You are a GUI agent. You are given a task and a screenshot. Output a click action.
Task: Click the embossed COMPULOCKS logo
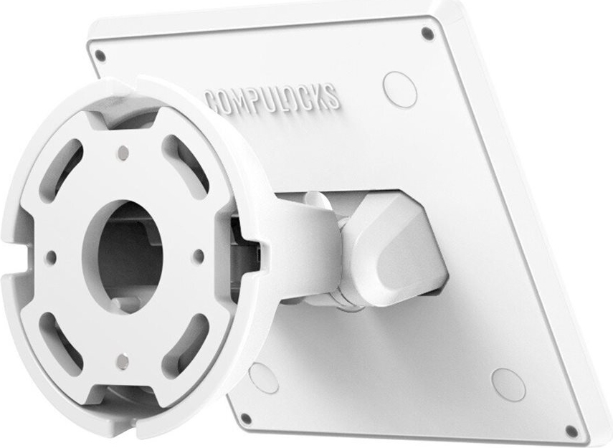coord(272,100)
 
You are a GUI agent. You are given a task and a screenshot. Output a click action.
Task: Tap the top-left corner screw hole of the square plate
coord(100,56)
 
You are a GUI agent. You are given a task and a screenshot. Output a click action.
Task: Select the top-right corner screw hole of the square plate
coord(428,34)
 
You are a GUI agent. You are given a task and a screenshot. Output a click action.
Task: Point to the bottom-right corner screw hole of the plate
coord(571,432)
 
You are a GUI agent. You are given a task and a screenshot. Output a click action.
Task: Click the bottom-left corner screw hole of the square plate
coord(246,419)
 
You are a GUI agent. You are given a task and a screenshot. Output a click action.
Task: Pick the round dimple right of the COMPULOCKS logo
coord(399,90)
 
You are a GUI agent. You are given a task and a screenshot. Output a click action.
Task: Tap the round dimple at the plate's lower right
coord(508,385)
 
